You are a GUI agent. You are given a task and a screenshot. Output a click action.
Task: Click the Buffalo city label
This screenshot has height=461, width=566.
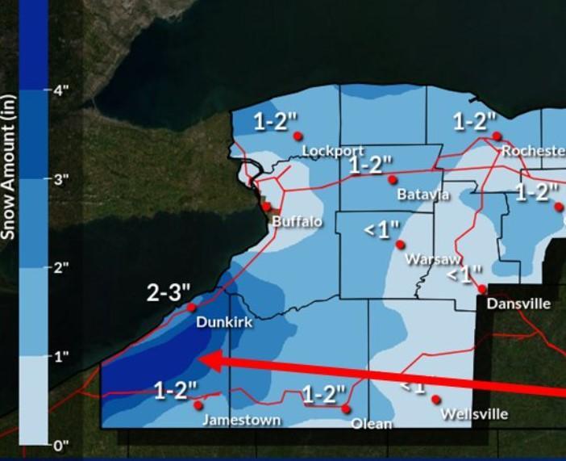click(297, 221)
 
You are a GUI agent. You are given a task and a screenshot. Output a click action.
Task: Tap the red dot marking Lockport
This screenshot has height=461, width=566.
click(298, 136)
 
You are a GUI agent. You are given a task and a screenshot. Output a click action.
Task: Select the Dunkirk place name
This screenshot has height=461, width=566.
click(224, 322)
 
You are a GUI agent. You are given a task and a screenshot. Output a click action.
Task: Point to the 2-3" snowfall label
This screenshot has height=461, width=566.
click(169, 292)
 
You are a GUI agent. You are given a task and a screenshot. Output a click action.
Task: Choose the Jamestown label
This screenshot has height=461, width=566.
click(241, 420)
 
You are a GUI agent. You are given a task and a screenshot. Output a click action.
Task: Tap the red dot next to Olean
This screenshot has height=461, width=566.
click(346, 409)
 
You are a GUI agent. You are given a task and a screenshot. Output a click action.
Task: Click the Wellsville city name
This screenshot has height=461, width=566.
click(474, 414)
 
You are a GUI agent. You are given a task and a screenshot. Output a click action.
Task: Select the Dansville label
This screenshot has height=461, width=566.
click(518, 304)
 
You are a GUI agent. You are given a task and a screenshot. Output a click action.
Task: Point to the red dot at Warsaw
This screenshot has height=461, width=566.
click(400, 245)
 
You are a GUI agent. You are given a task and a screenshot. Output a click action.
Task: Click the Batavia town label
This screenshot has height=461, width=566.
click(423, 195)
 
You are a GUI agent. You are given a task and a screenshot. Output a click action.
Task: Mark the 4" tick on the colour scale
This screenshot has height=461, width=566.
click(60, 90)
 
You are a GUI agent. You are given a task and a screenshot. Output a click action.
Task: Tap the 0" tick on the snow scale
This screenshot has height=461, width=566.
click(60, 445)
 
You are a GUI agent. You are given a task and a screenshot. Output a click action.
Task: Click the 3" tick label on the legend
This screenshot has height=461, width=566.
click(60, 179)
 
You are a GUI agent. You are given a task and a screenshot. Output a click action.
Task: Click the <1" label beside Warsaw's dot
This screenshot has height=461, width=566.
click(381, 230)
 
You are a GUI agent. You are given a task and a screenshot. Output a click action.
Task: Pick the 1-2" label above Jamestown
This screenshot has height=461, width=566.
click(176, 392)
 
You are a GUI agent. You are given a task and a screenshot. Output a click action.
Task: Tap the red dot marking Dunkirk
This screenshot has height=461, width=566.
click(192, 308)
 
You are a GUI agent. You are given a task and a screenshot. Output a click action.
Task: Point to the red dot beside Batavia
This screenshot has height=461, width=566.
click(393, 179)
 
